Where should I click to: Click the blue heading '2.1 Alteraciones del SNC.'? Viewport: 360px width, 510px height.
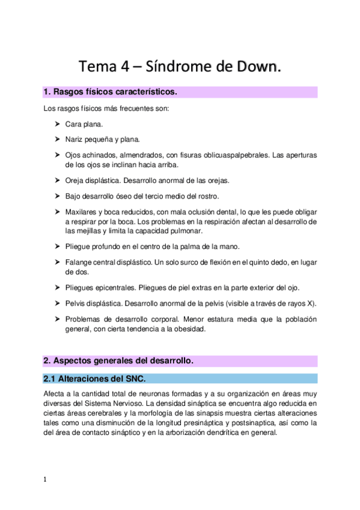click(x=94, y=378)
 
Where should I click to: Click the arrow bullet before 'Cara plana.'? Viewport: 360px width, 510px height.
click(x=57, y=124)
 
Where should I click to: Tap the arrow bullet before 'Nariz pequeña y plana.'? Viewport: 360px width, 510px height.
click(x=57, y=140)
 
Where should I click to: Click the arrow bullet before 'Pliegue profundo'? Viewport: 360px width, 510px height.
click(x=57, y=247)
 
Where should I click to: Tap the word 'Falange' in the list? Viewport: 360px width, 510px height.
click(x=79, y=262)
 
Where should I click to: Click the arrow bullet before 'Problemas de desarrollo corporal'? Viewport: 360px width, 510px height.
click(x=57, y=319)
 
